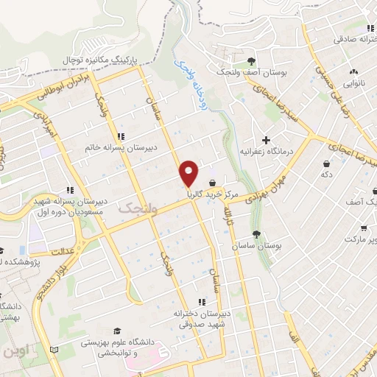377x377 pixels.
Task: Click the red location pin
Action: [x=189, y=172]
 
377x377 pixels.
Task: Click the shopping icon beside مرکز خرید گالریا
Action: [x=213, y=183]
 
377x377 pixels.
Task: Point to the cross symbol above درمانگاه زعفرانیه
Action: [x=266, y=139]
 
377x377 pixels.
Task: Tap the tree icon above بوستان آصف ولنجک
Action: [x=252, y=60]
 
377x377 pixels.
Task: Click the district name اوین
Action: [x=15, y=352]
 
